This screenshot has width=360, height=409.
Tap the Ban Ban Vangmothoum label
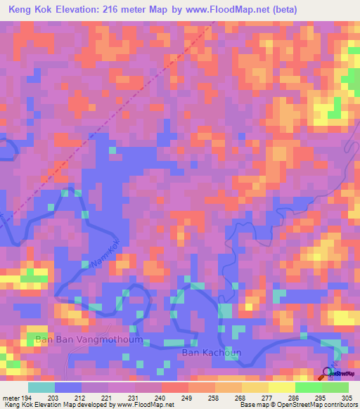point(89,339)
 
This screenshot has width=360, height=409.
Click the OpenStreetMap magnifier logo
point(327,372)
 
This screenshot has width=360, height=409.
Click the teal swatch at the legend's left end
point(41,387)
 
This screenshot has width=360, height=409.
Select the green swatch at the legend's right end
point(335,387)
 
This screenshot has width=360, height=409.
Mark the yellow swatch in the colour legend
point(282,387)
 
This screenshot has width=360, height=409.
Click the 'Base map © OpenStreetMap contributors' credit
point(297,405)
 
